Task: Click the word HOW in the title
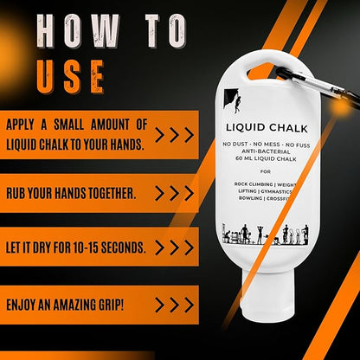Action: click(x=78, y=31)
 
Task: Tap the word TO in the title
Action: click(x=165, y=31)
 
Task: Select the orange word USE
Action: click(x=71, y=76)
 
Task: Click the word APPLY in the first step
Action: click(x=20, y=125)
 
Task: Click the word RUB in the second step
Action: click(x=16, y=194)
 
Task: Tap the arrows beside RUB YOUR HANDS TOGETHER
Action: click(x=174, y=193)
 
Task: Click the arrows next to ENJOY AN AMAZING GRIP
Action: click(x=174, y=305)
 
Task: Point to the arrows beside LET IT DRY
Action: click(x=174, y=247)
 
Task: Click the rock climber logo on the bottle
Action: click(x=232, y=100)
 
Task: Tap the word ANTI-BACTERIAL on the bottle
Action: click(x=266, y=151)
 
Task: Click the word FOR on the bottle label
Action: click(x=266, y=171)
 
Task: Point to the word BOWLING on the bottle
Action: click(x=250, y=198)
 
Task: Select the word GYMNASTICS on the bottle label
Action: click(x=276, y=191)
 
